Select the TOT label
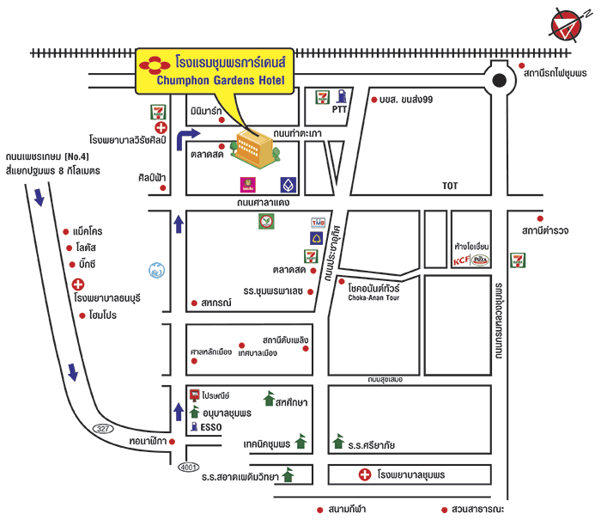pos(451,186)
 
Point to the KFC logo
pos(461,260)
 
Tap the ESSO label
pos(211,425)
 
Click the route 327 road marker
pos(104,428)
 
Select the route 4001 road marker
pos(189,467)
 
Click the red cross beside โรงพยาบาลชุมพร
pos(364,474)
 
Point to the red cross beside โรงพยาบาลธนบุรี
pos(78,284)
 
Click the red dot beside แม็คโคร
pos(66,232)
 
